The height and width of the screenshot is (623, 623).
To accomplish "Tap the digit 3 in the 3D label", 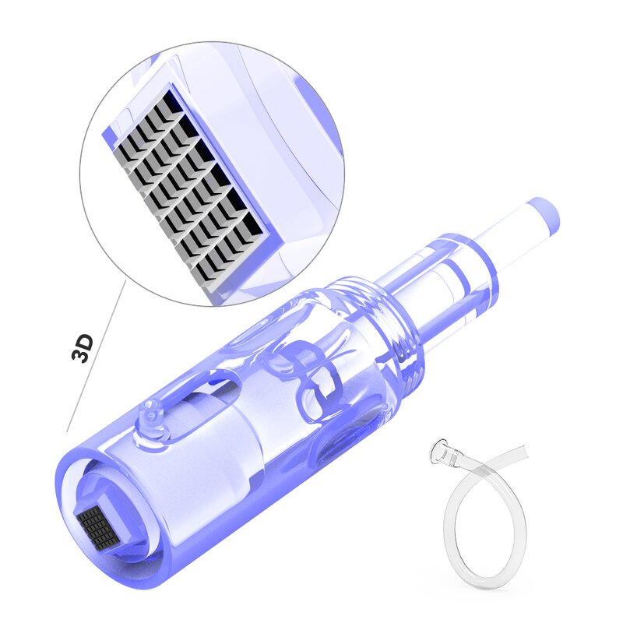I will tap(83, 356).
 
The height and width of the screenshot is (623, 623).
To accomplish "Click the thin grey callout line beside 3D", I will tap(93, 366).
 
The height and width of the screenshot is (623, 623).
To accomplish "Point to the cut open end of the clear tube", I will tap(523, 451).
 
